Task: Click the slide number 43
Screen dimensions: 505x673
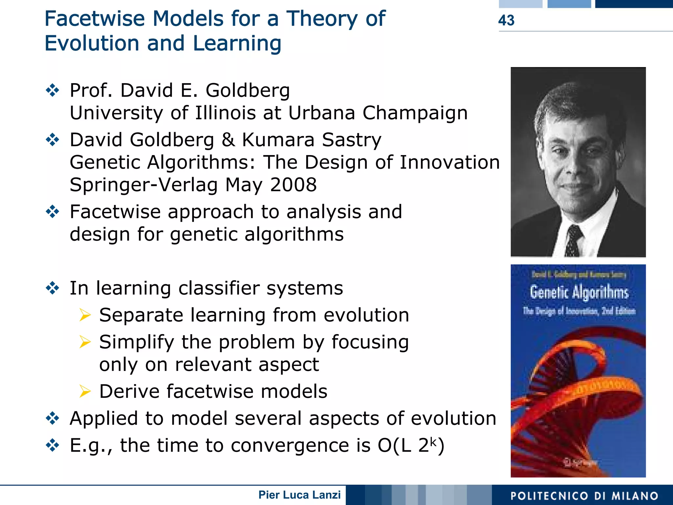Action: click(506, 20)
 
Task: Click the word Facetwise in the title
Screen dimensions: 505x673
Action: click(95, 19)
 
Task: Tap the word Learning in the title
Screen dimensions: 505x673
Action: click(237, 44)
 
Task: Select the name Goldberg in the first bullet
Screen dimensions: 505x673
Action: click(248, 90)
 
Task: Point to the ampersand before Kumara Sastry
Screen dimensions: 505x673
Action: click(228, 140)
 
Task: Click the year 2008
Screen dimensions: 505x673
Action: click(293, 185)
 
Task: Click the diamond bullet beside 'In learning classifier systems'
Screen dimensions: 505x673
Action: click(53, 288)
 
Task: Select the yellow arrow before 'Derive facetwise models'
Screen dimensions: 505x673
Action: click(85, 391)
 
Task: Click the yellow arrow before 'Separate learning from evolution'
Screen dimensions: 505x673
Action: click(85, 315)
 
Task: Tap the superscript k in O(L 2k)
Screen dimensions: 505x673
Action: click(434, 442)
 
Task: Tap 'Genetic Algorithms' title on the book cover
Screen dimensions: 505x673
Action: click(579, 292)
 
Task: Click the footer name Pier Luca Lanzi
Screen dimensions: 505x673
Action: click(299, 495)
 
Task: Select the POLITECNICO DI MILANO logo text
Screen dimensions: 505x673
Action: click(584, 496)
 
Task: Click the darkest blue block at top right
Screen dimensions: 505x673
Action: click(634, 4)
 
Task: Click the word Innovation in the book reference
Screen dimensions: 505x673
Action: click(450, 162)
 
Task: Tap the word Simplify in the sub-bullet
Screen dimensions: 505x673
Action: click(137, 342)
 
